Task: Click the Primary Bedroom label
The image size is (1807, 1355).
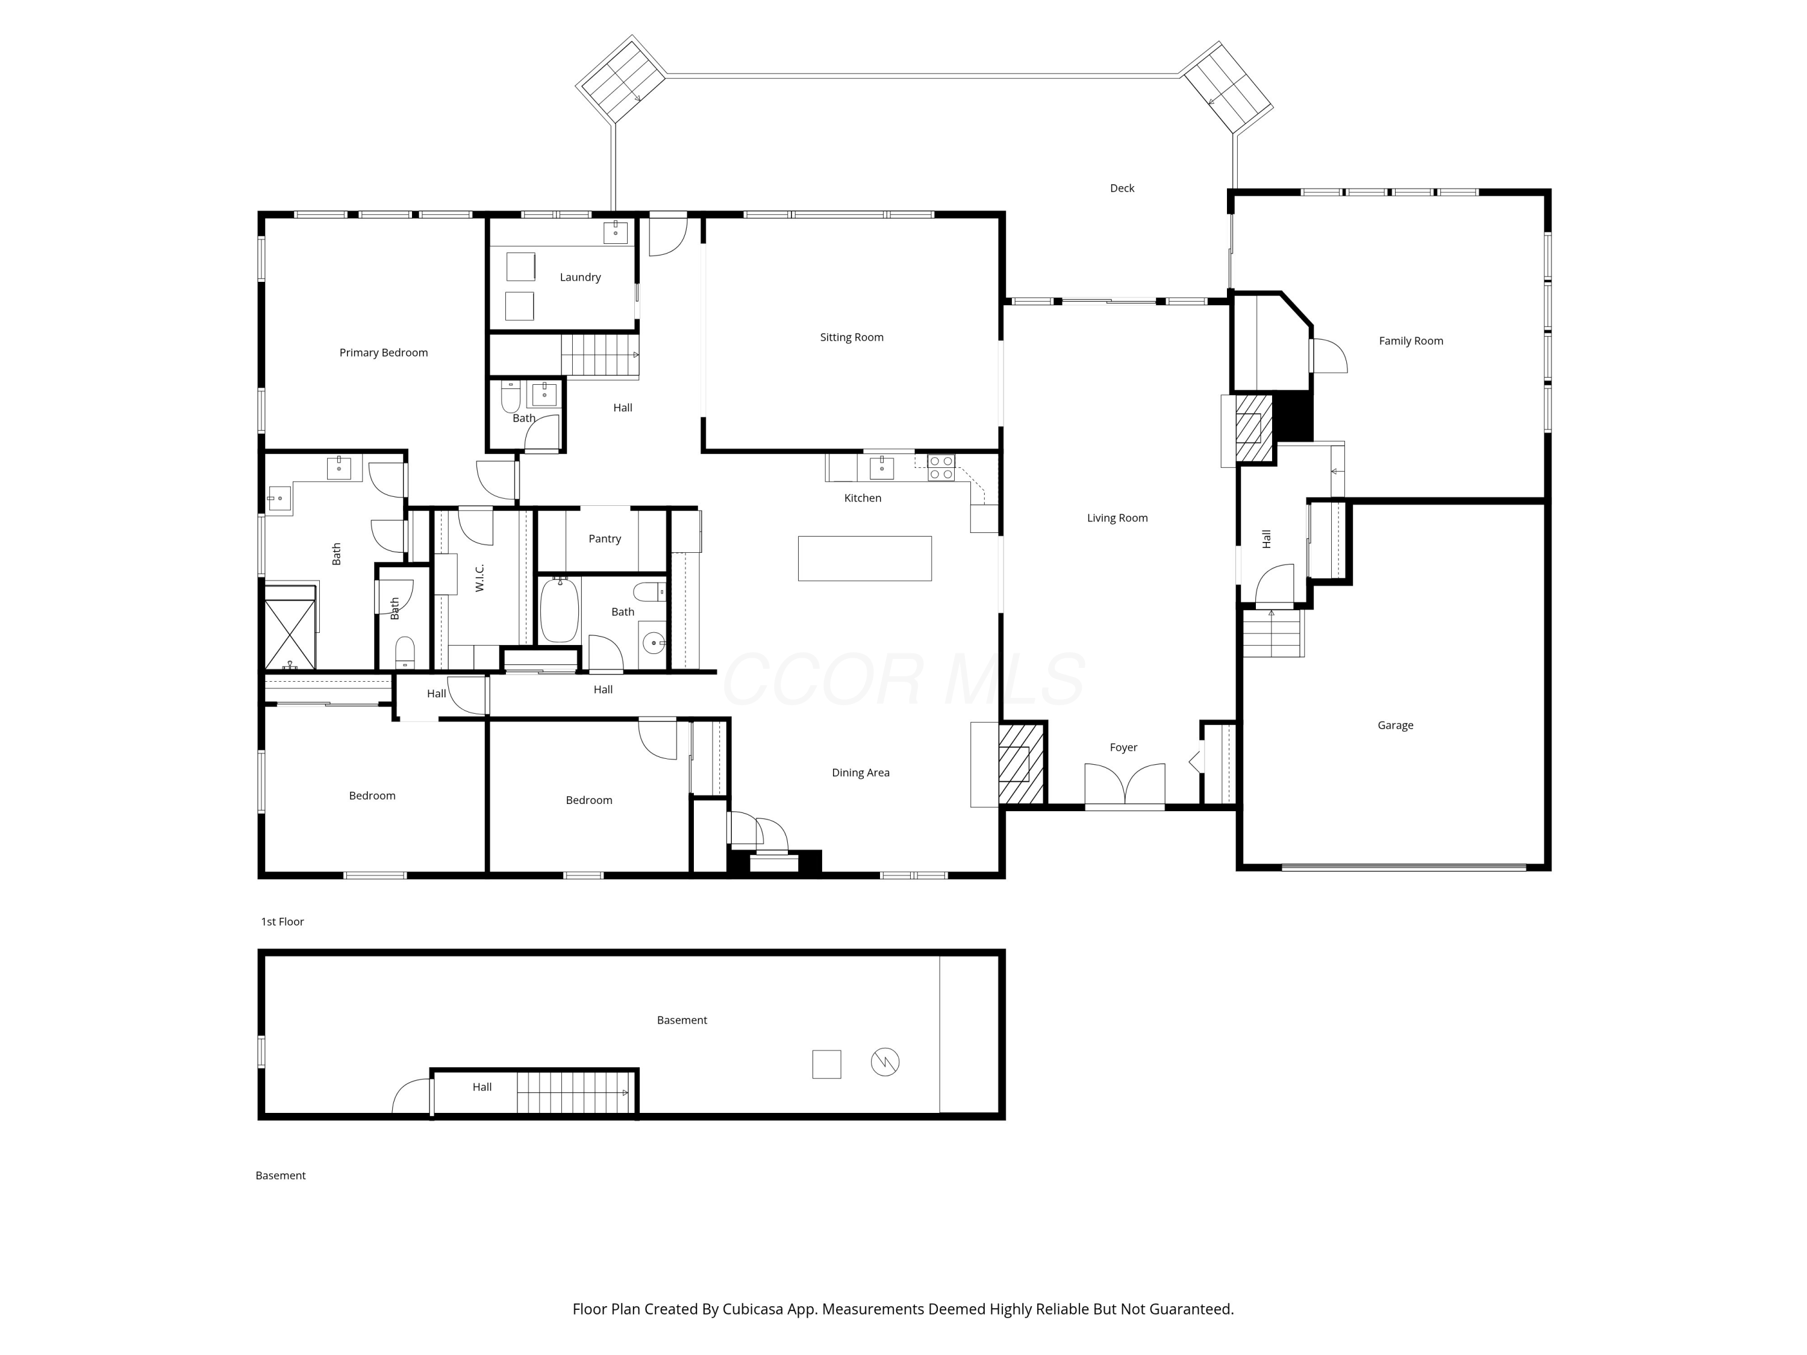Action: pyautogui.click(x=383, y=353)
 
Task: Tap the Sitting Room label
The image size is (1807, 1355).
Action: pyautogui.click(x=851, y=337)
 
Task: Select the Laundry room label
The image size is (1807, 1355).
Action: pyautogui.click(x=580, y=277)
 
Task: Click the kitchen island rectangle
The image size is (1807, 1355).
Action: pyautogui.click(x=864, y=559)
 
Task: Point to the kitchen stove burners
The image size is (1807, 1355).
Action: pyautogui.click(x=941, y=468)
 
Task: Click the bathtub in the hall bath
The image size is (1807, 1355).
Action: pyautogui.click(x=560, y=610)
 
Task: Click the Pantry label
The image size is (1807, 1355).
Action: pyautogui.click(x=605, y=539)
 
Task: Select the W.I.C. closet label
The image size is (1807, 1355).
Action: pyautogui.click(x=479, y=578)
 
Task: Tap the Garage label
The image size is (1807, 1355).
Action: pyautogui.click(x=1395, y=725)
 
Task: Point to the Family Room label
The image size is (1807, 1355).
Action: pyautogui.click(x=1411, y=341)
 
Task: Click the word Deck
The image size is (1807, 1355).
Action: pyautogui.click(x=1122, y=188)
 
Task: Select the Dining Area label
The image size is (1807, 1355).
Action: pyautogui.click(x=860, y=773)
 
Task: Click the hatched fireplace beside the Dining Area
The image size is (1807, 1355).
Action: pyautogui.click(x=1020, y=764)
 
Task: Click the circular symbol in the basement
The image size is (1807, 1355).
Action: pyautogui.click(x=885, y=1062)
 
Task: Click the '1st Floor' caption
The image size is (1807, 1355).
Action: pyautogui.click(x=282, y=921)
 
